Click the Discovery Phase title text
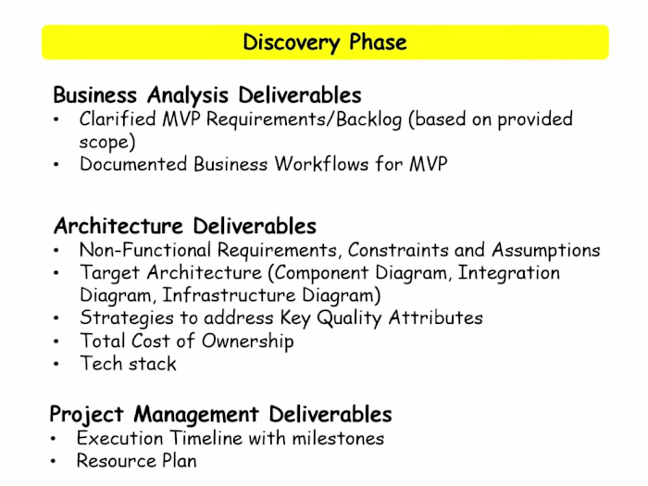(x=324, y=43)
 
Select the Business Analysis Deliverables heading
(x=206, y=94)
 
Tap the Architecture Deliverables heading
(x=185, y=226)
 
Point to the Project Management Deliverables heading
(x=220, y=414)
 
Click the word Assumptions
(x=546, y=250)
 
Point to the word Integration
(x=509, y=273)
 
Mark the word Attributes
(x=434, y=318)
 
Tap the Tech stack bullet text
(x=128, y=364)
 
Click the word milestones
(x=331, y=438)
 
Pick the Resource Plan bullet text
(x=136, y=461)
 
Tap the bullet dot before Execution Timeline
(x=55, y=439)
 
